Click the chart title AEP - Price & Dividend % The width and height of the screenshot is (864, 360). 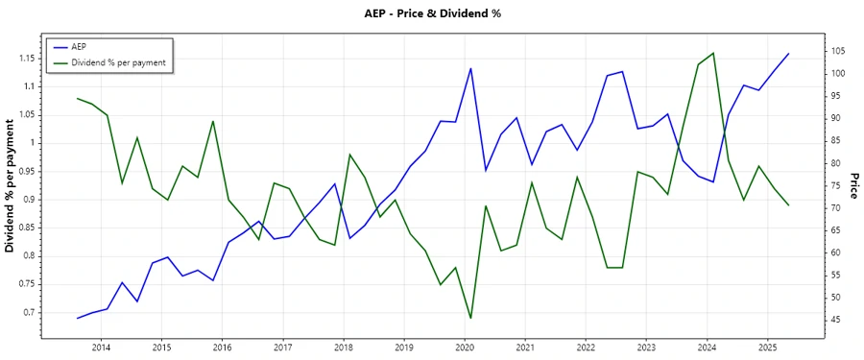(x=433, y=13)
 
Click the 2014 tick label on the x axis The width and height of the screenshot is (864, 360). (x=101, y=347)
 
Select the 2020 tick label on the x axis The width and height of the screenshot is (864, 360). (x=465, y=347)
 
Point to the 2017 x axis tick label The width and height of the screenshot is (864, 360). (x=282, y=347)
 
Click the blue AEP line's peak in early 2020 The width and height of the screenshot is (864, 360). (x=470, y=68)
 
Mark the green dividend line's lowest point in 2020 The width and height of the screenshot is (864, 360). (x=470, y=318)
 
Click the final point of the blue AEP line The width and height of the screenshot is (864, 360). (x=789, y=54)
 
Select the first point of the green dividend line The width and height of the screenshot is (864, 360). (x=77, y=98)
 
